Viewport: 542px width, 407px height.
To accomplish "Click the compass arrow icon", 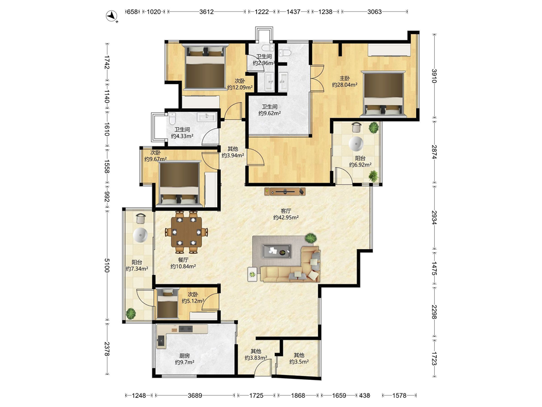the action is coord(111,16).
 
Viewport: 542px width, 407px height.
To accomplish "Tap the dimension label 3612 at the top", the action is coord(207,12).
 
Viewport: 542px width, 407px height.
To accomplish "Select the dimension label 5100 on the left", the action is coord(107,265).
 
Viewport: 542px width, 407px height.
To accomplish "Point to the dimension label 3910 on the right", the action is coord(434,76).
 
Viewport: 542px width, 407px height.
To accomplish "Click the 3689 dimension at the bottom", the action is coord(195,395).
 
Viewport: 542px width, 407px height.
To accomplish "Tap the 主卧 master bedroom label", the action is coord(344,78).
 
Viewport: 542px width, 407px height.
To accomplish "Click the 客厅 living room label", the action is coord(286,211).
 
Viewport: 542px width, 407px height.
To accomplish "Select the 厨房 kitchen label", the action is coord(184,355).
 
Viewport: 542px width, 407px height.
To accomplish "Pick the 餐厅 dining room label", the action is coord(183,260).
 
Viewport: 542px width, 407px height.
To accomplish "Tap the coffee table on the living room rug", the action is coord(276,251).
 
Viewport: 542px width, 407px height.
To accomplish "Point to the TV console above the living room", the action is coord(285,191).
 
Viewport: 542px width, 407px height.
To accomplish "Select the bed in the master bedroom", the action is coord(384,93).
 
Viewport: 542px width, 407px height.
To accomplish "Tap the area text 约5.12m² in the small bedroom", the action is coord(193,301).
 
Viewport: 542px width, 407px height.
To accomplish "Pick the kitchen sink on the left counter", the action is coord(161,341).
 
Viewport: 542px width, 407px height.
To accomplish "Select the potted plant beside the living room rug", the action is coord(311,238).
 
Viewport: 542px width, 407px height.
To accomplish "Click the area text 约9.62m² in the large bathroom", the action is coord(269,113).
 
